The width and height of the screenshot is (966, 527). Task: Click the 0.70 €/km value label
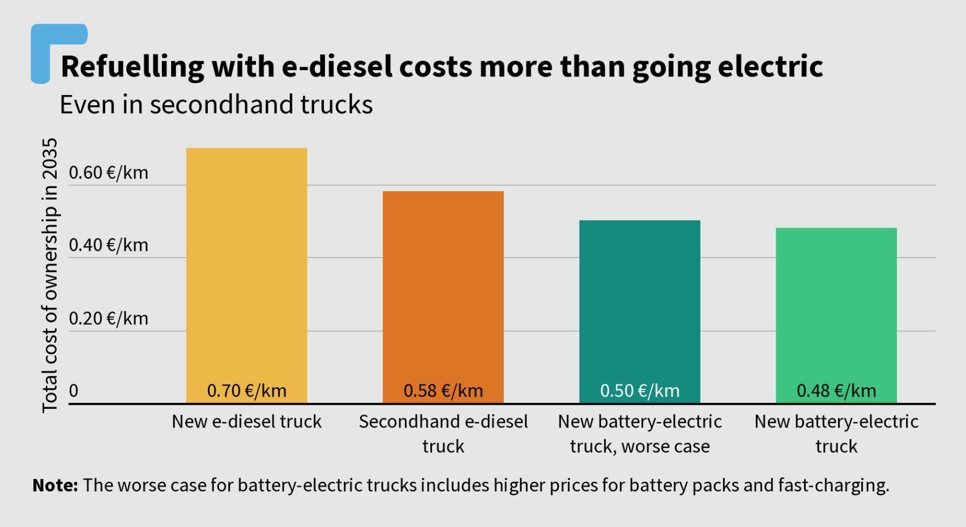[247, 391]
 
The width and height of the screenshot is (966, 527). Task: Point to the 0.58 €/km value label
[443, 391]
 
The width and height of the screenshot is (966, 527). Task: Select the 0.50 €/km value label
[639, 391]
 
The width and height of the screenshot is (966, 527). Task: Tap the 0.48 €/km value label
[836, 391]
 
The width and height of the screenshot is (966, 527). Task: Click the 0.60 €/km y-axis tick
[108, 173]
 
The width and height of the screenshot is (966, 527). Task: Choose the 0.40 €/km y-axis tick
[108, 245]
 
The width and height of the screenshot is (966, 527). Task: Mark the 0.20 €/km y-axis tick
[108, 318]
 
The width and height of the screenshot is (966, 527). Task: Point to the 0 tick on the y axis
[74, 391]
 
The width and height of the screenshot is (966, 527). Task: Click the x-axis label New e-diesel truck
[247, 422]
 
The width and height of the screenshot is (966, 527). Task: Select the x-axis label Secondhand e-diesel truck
[443, 434]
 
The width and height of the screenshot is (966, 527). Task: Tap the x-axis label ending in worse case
[639, 434]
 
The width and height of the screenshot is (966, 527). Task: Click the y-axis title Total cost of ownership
[50, 275]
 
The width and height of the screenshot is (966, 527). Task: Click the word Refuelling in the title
[132, 67]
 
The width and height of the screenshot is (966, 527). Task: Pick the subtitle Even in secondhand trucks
[216, 105]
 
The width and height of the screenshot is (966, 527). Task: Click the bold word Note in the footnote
[54, 485]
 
